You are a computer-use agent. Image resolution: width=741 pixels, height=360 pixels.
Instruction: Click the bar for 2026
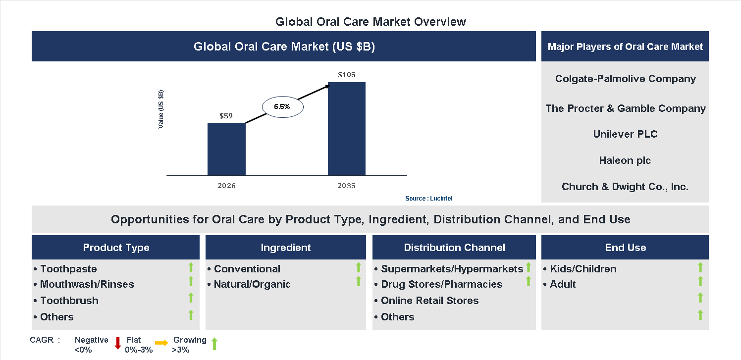pos(226,149)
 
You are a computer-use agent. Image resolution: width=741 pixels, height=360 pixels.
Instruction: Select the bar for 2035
pos(347,129)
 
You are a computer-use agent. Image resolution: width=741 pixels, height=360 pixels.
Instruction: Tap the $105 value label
pos(347,75)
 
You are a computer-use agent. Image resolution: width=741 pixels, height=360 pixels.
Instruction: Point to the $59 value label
pos(226,116)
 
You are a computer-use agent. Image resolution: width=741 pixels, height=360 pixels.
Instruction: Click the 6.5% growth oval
pos(282,106)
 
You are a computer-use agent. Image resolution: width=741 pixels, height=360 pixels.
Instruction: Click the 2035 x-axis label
pos(347,186)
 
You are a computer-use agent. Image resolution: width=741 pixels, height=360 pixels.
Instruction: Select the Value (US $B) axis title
pos(161,109)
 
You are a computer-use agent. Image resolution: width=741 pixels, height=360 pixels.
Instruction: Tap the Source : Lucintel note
pos(428,199)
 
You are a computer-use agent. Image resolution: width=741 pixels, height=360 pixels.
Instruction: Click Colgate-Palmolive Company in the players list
pos(626,79)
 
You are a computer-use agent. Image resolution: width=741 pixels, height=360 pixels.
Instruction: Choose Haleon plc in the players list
pos(625,160)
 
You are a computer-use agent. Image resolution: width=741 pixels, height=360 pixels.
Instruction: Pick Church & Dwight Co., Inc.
pos(625,187)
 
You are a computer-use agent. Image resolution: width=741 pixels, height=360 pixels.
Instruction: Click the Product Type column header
pos(116,248)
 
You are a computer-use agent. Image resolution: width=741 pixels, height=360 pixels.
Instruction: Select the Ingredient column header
pos(286,248)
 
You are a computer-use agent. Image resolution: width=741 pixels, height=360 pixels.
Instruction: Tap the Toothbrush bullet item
pos(69,301)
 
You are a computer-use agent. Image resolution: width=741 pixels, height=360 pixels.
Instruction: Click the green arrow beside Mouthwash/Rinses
pos(191,282)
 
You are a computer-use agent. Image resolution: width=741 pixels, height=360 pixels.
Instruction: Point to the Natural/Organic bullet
pos(252,284)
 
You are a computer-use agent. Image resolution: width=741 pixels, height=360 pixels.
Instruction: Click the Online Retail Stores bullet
pos(429,301)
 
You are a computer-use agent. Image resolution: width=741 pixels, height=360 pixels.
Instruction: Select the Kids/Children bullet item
pos(582,269)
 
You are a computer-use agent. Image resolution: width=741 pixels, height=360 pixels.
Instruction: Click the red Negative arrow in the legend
pos(118,343)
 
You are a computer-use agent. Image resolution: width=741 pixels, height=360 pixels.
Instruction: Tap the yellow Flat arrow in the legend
pos(161,343)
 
